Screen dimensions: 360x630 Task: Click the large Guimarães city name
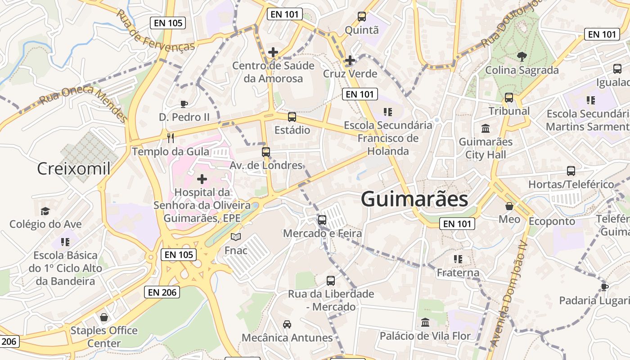pyautogui.click(x=414, y=199)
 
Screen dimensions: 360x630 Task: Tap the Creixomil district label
pyautogui.click(x=73, y=169)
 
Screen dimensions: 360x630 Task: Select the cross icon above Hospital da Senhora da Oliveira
pyautogui.click(x=202, y=179)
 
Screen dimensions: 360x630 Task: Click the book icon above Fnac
pyautogui.click(x=236, y=237)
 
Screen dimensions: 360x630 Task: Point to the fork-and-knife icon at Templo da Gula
pyautogui.click(x=170, y=138)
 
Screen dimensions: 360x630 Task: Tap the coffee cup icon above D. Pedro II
pyautogui.click(x=184, y=104)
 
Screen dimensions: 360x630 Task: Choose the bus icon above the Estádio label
pyautogui.click(x=292, y=117)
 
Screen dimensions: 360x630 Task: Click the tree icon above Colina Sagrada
pyautogui.click(x=522, y=57)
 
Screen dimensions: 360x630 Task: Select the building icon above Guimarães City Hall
pyautogui.click(x=486, y=129)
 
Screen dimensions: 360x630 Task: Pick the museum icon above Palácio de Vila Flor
pyautogui.click(x=425, y=322)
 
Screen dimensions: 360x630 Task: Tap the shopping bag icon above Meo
pyautogui.click(x=509, y=206)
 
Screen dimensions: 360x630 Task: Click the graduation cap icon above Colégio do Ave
pyautogui.click(x=45, y=211)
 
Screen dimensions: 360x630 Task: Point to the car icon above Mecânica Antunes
pyautogui.click(x=287, y=324)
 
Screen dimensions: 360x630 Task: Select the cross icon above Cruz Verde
pyautogui.click(x=350, y=60)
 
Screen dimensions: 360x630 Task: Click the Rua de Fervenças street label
pyautogui.click(x=155, y=31)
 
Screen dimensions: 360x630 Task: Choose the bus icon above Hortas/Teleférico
pyautogui.click(x=571, y=171)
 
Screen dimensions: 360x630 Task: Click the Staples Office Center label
pyautogui.click(x=104, y=337)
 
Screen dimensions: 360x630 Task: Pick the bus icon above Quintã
pyautogui.click(x=361, y=17)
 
